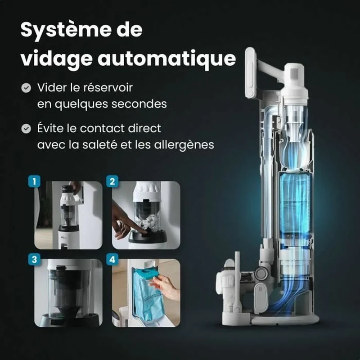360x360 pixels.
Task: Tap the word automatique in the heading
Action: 167,58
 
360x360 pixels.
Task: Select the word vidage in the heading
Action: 57,58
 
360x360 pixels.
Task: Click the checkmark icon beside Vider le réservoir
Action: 26,88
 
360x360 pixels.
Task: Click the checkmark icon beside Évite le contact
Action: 26,129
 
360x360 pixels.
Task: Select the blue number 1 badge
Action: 34,181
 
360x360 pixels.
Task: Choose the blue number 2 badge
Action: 112,181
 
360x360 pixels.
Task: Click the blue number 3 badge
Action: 34,260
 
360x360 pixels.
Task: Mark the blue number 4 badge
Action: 112,260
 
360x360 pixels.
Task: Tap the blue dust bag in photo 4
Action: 148,296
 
